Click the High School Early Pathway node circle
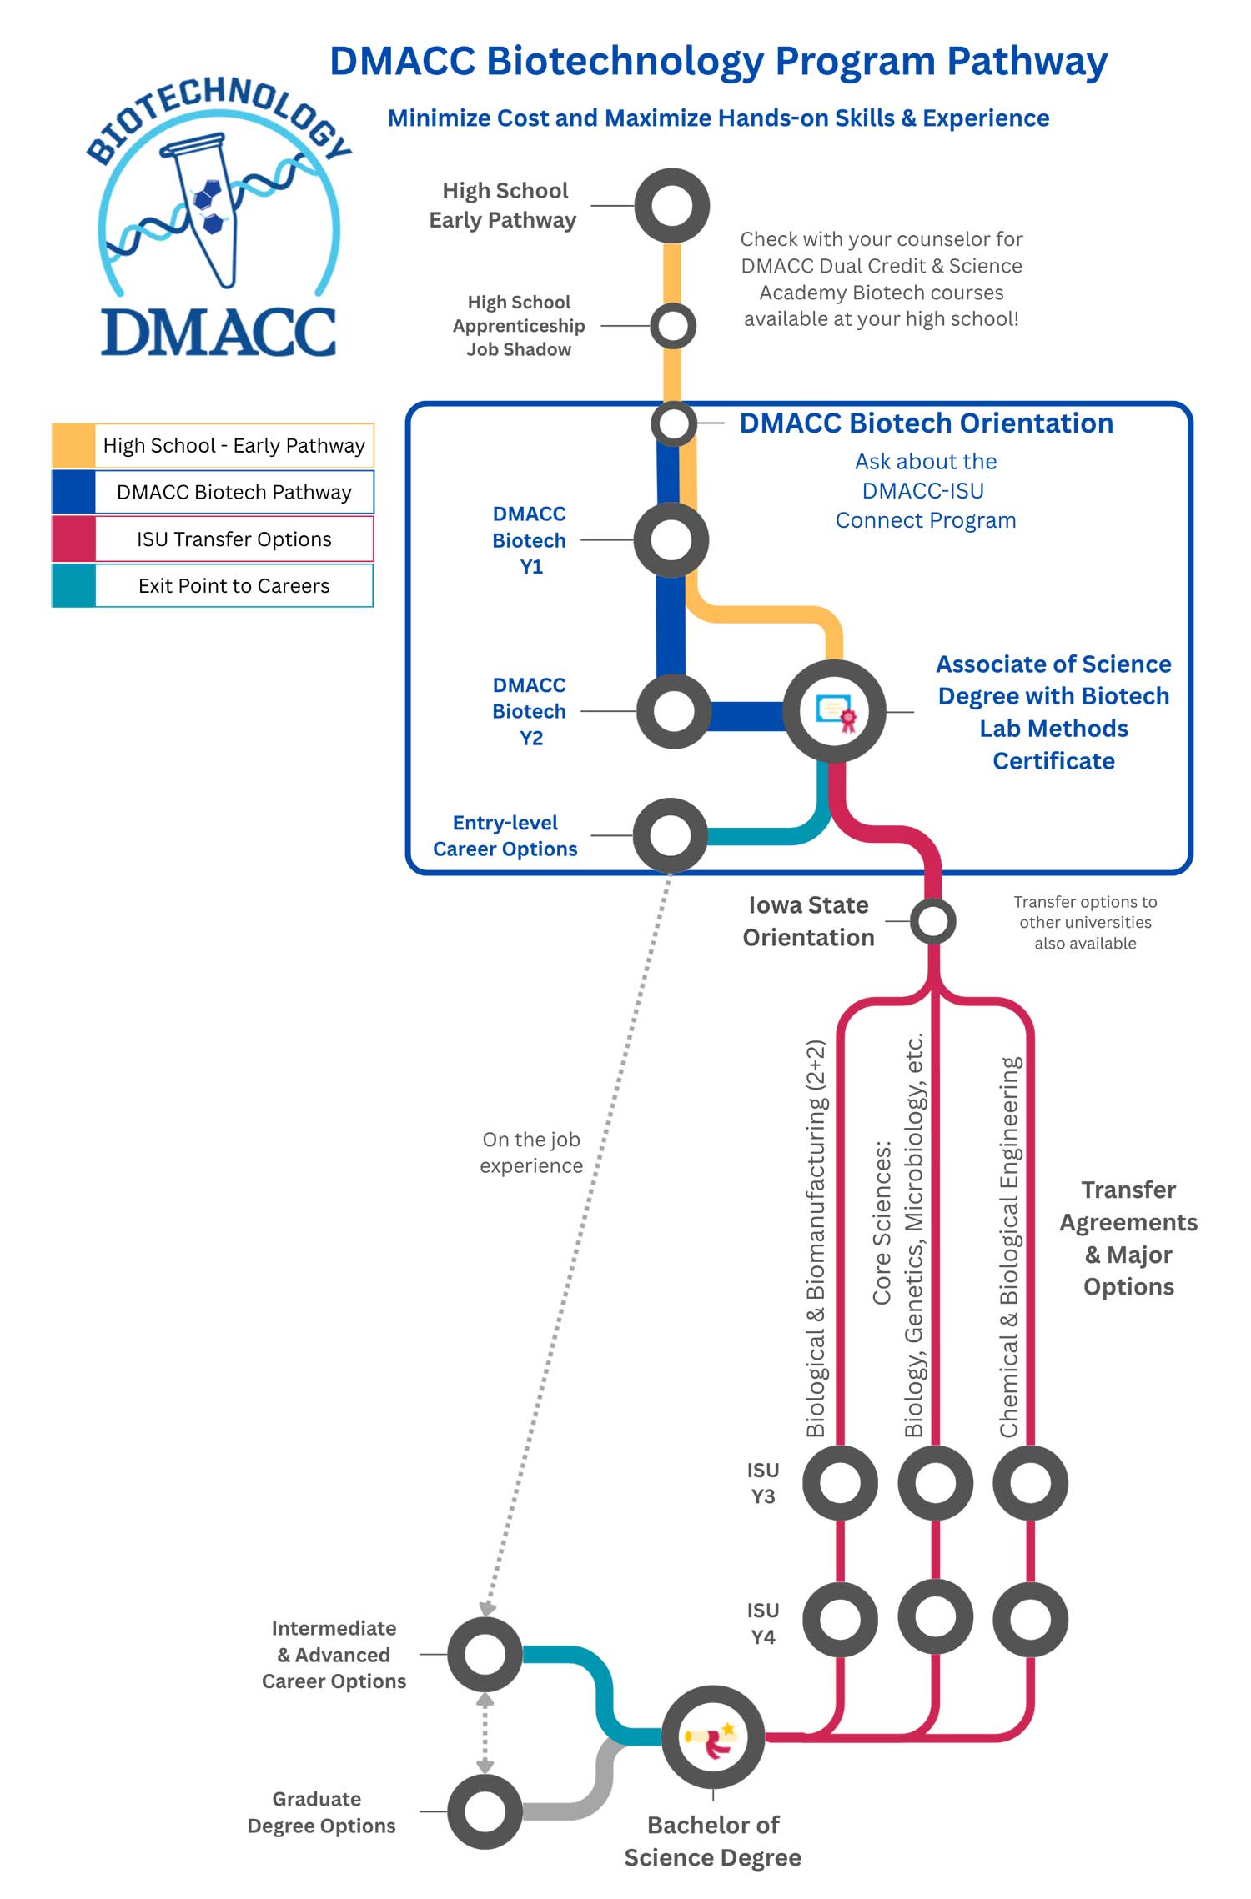(x=671, y=206)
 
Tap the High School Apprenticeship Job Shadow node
(x=673, y=325)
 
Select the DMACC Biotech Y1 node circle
(x=671, y=540)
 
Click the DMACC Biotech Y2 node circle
(x=673, y=711)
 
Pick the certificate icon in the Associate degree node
(x=835, y=712)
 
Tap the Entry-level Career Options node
(x=671, y=834)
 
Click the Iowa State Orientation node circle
(x=932, y=921)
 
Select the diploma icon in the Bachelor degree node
(x=713, y=1737)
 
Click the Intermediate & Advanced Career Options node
(x=485, y=1655)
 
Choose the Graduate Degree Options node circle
(x=485, y=1811)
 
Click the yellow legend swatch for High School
(x=73, y=446)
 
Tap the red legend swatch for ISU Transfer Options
(x=73, y=539)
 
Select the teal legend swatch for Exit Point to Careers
(x=73, y=586)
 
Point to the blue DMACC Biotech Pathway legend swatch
(x=73, y=493)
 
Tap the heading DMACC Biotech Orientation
(x=926, y=423)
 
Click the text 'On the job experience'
(x=531, y=1152)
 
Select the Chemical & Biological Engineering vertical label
(x=1009, y=1247)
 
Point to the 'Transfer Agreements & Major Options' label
(x=1128, y=1238)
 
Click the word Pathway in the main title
(x=1027, y=62)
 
